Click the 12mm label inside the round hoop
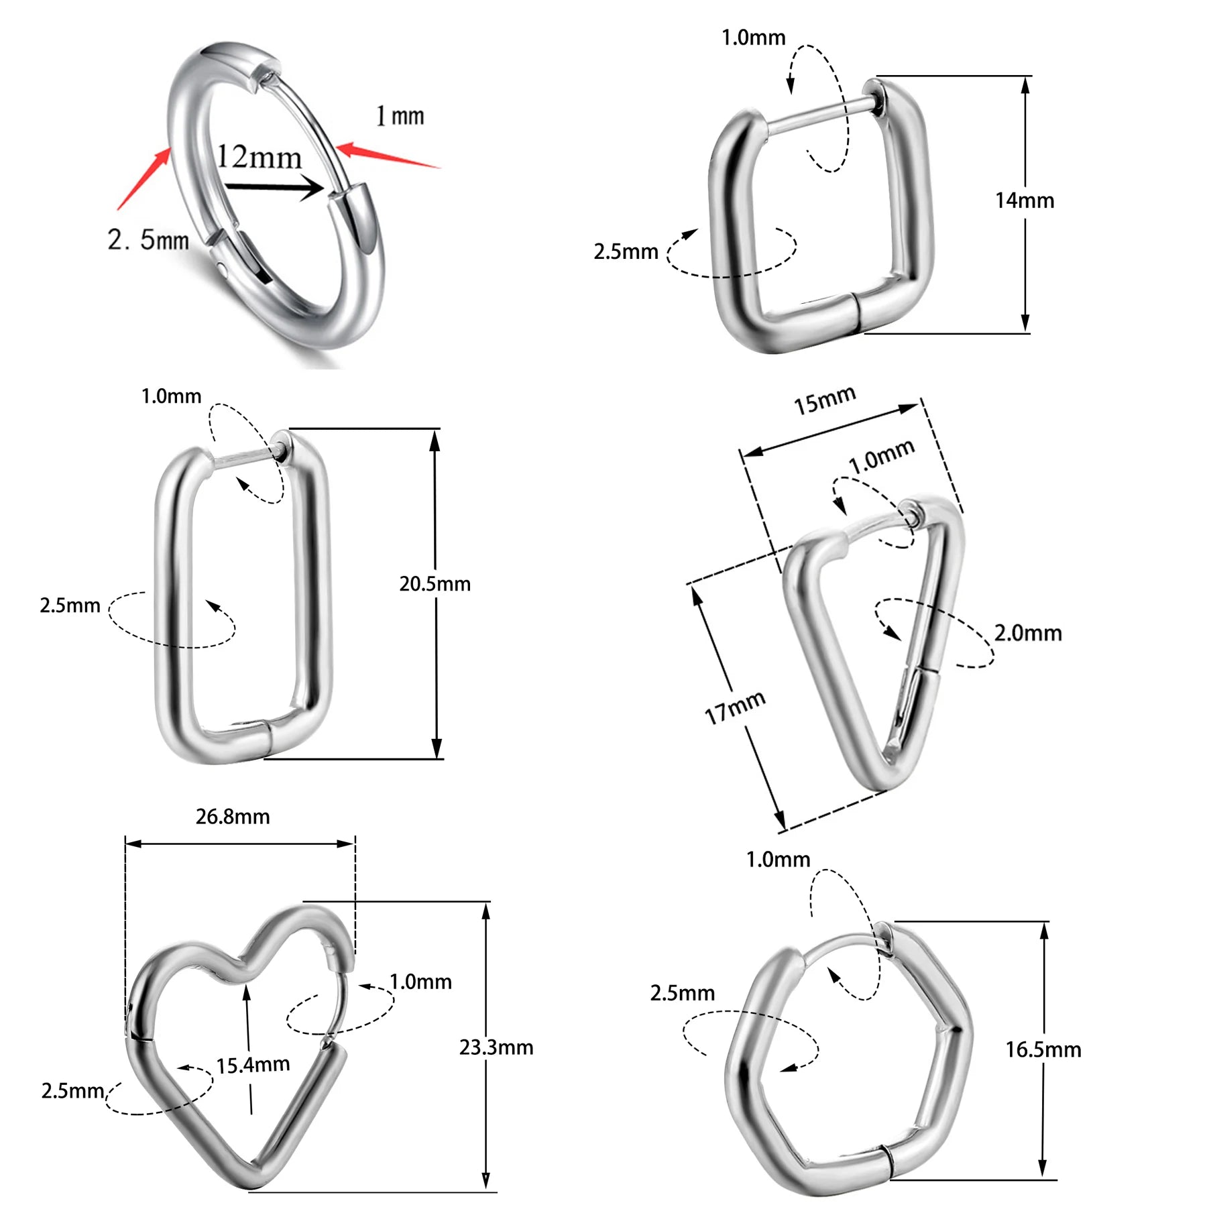click(259, 158)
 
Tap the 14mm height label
click(1024, 200)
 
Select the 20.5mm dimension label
click(435, 584)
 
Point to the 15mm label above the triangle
click(825, 400)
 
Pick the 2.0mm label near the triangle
click(1027, 633)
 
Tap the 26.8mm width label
click(233, 817)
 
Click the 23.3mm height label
click(496, 1047)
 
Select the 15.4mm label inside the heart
click(253, 1064)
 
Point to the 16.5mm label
click(1043, 1049)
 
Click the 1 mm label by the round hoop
click(400, 116)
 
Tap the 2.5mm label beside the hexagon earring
click(682, 993)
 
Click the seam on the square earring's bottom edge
click(856, 312)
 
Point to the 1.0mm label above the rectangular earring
click(171, 396)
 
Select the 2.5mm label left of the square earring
click(626, 252)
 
